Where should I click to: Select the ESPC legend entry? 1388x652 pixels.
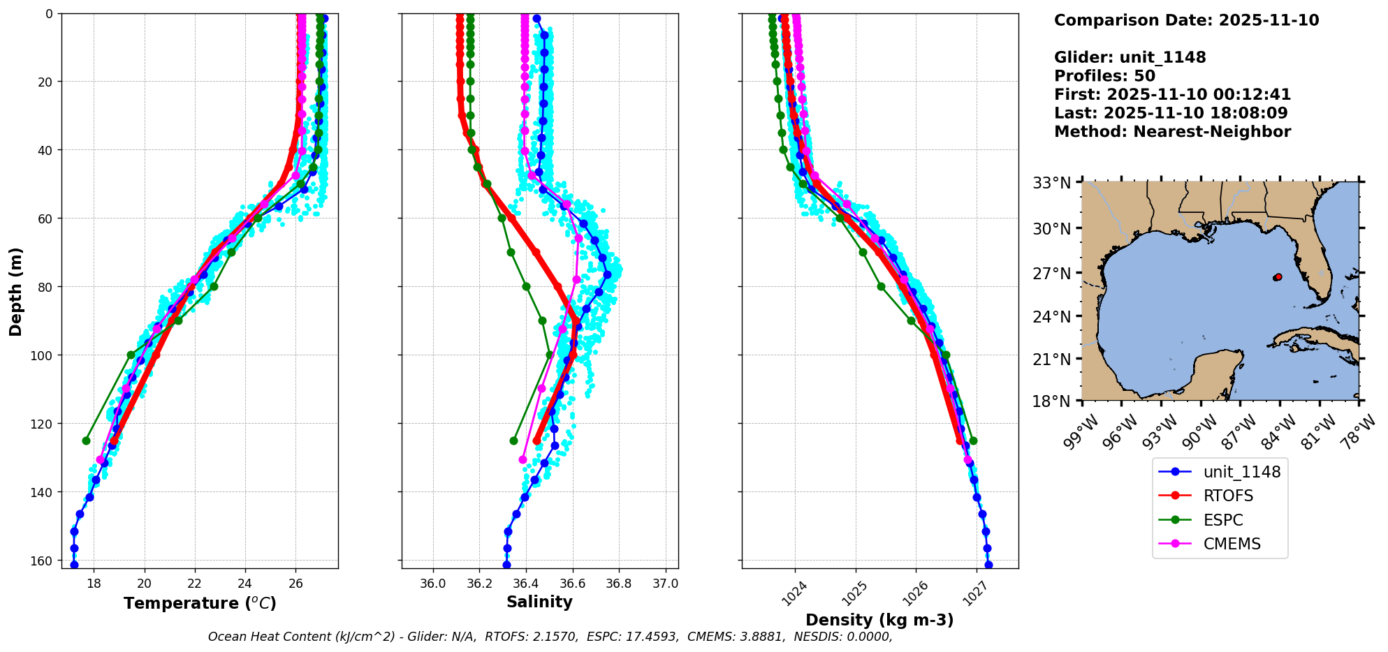(x=1223, y=520)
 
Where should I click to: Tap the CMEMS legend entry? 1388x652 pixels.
(x=1232, y=544)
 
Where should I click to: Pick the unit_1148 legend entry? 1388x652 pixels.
(x=1241, y=472)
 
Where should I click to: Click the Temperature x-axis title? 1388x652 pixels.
(x=200, y=603)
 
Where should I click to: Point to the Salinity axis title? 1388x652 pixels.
(x=539, y=602)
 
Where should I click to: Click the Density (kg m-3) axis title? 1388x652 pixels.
(x=879, y=620)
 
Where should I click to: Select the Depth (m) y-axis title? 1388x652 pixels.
(x=16, y=291)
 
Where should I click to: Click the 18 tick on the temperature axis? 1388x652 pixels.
(x=94, y=584)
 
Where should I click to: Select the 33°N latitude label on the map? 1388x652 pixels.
(x=1052, y=183)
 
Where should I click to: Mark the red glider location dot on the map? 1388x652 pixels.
(x=1278, y=277)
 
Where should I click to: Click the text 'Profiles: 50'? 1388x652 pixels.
(x=1104, y=76)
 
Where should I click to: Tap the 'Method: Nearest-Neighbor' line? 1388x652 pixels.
(x=1172, y=132)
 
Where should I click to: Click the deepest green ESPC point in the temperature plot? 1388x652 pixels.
(x=86, y=440)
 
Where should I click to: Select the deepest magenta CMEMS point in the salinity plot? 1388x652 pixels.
(x=523, y=459)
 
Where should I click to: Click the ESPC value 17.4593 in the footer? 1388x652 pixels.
(x=633, y=637)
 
